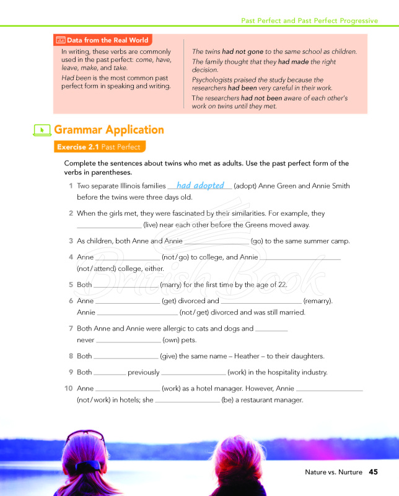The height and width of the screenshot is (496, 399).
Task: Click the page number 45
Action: (x=373, y=472)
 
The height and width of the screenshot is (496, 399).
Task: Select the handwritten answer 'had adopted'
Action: (x=200, y=185)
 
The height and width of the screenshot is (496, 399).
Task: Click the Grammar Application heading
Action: (x=109, y=130)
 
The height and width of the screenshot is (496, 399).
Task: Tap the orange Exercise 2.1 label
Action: (x=99, y=147)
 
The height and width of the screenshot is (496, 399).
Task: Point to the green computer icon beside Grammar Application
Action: (x=42, y=130)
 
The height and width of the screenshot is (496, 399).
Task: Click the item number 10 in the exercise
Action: (x=69, y=388)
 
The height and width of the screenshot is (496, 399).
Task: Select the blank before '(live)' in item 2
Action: (x=109, y=225)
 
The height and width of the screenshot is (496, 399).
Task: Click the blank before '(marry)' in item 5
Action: (x=126, y=285)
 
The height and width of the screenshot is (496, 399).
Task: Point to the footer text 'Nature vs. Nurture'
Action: (x=333, y=472)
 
